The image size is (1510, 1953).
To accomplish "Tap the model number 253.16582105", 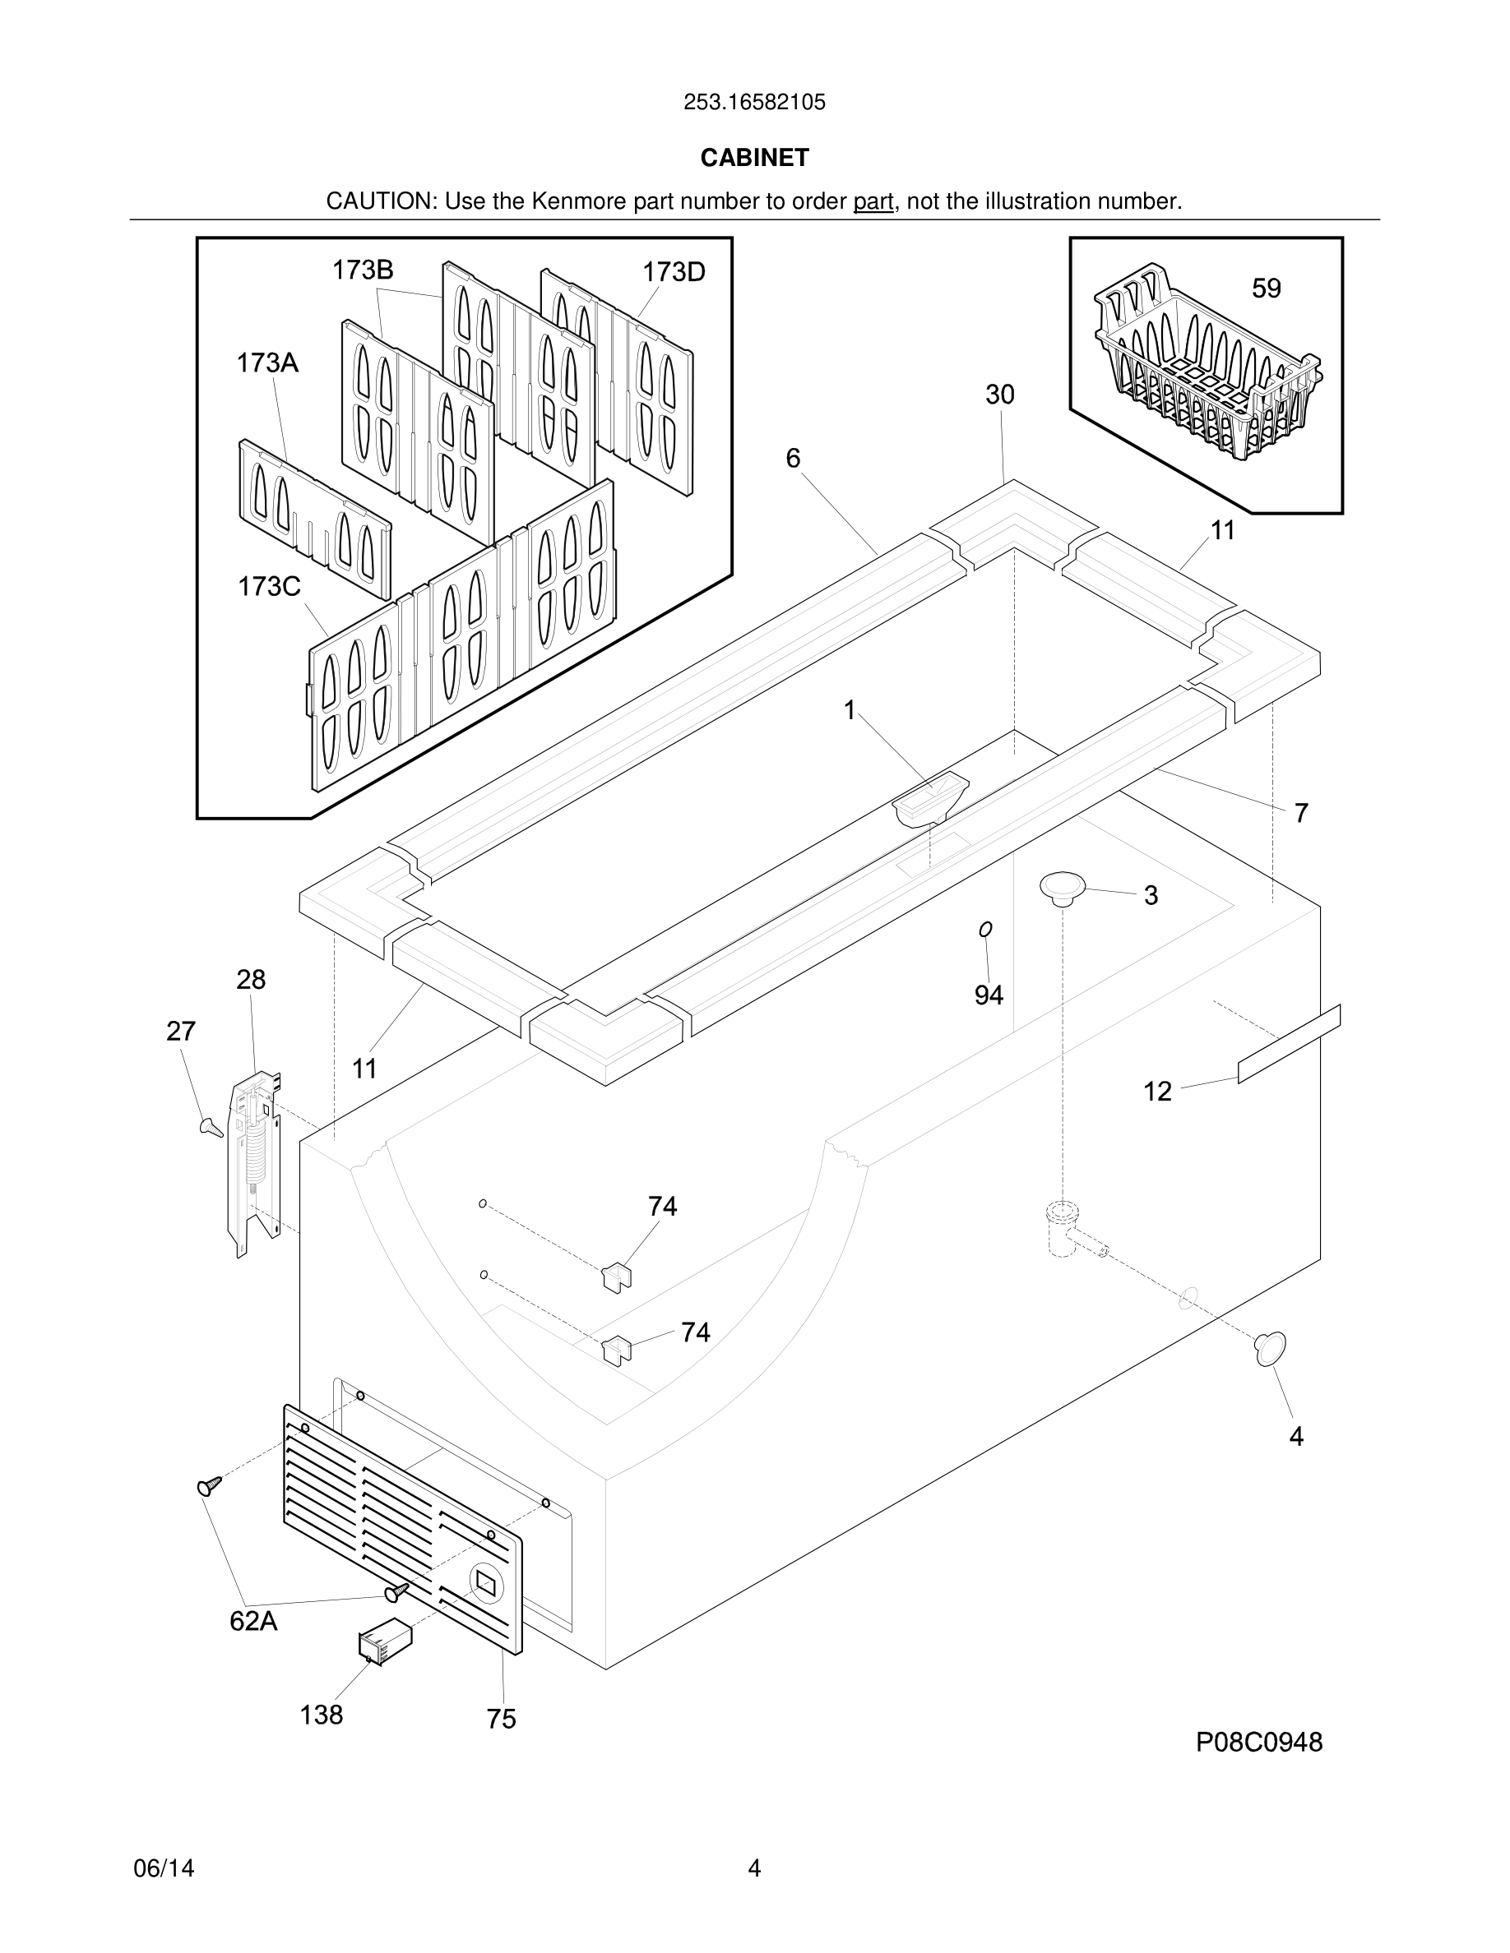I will click(x=754, y=103).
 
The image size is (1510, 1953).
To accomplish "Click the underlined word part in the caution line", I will click(x=873, y=201).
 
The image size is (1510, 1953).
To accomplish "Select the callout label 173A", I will click(x=267, y=363).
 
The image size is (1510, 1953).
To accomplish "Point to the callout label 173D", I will click(x=674, y=272).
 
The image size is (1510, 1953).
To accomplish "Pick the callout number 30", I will click(x=1000, y=395).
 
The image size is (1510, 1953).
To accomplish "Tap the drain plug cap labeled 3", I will click(x=1062, y=887).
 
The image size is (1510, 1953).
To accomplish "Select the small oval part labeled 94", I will click(x=986, y=930).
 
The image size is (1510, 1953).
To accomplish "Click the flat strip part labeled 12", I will click(x=1288, y=1044).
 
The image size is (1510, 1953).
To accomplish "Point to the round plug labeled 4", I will click(x=1271, y=1349).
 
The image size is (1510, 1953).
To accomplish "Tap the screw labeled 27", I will click(x=211, y=1127).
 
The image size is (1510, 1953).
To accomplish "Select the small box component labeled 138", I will click(x=385, y=1641).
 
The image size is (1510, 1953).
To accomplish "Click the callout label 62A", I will click(x=253, y=1620).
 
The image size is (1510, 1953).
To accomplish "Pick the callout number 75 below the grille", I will click(x=501, y=1719).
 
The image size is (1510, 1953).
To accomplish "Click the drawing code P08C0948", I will click(x=1258, y=1742).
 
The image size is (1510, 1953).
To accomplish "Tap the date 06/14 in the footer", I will click(x=164, y=1868).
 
